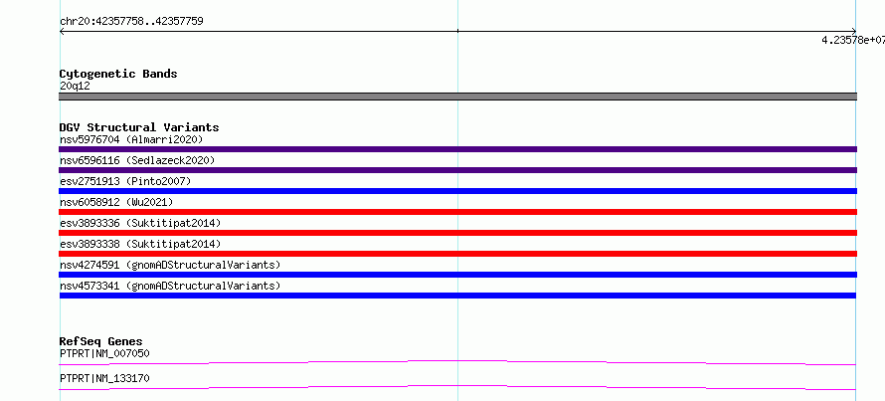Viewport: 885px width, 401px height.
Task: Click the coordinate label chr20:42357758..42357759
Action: point(131,22)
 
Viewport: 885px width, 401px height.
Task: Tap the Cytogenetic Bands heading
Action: point(118,74)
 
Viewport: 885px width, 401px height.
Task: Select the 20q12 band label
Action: point(75,87)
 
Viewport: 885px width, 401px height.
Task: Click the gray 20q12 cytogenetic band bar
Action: point(457,97)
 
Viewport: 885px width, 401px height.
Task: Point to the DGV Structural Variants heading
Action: point(139,127)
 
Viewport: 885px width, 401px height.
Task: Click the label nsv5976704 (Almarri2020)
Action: point(131,139)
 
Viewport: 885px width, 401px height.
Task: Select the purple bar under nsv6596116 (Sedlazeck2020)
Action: point(457,170)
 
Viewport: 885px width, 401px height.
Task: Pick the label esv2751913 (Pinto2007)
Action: point(125,181)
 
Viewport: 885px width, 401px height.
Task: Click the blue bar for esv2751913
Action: point(457,191)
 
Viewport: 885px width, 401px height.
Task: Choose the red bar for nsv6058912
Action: point(457,212)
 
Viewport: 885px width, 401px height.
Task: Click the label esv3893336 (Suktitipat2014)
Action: point(140,223)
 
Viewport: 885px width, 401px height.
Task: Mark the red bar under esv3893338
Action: point(457,254)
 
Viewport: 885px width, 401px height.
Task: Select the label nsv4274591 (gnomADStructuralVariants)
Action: point(170,265)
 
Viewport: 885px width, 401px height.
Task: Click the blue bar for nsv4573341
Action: point(457,296)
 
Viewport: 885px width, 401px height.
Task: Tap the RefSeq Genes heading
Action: point(101,341)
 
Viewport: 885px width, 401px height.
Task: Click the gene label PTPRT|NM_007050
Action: point(104,354)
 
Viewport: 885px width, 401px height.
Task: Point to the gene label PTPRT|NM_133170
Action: point(104,378)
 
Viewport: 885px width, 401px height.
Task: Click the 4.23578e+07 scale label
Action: point(853,40)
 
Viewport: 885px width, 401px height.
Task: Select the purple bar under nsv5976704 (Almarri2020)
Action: point(457,149)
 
